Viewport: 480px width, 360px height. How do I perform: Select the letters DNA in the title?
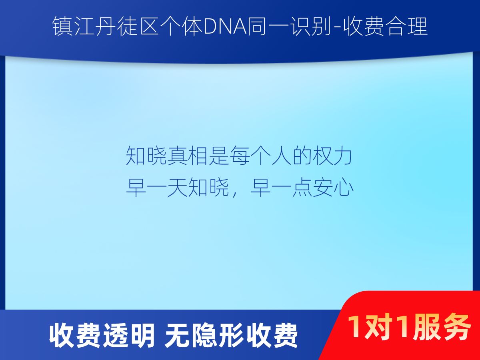tap(225, 27)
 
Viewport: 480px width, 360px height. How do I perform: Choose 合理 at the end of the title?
tap(407, 26)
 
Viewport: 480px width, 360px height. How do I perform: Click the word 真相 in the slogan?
tap(187, 156)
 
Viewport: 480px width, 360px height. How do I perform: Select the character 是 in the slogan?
tap(218, 156)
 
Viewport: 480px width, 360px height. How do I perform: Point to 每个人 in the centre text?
tap(260, 156)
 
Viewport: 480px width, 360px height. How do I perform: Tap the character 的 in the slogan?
tap(302, 156)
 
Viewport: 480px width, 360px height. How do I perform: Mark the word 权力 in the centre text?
tap(332, 156)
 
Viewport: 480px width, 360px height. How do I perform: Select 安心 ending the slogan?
tap(333, 187)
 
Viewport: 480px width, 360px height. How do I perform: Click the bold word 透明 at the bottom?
tap(129, 336)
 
